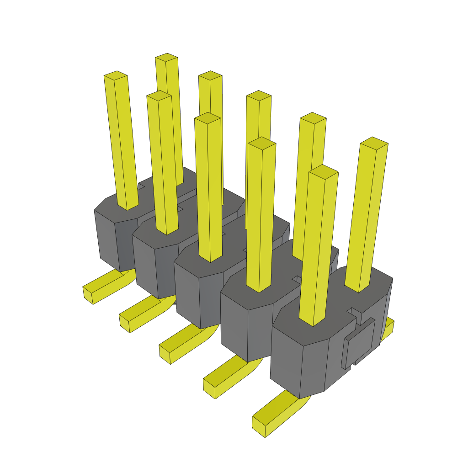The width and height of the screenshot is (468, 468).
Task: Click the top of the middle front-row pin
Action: (207, 118)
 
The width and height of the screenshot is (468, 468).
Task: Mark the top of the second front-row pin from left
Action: (159, 95)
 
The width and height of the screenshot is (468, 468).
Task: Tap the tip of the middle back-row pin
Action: (259, 95)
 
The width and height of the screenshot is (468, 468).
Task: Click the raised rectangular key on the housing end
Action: (359, 343)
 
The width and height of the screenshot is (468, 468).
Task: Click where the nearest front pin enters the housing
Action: (313, 322)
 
